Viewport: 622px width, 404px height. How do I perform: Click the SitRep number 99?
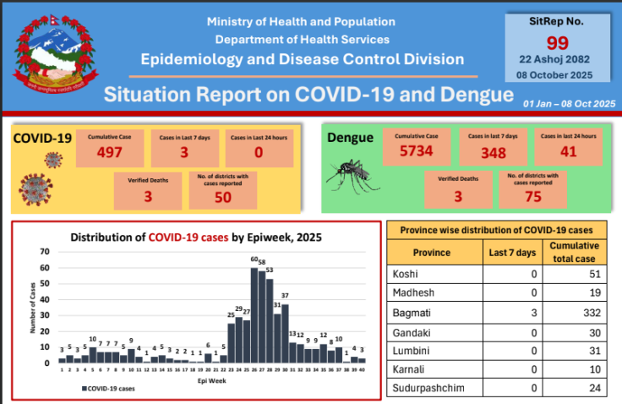point(557,44)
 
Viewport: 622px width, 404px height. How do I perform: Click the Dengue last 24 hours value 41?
point(569,151)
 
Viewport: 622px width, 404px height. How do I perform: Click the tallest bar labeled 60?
point(254,314)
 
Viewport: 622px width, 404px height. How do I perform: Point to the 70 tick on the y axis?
point(45,252)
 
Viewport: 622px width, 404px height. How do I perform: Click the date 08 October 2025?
point(557,74)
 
